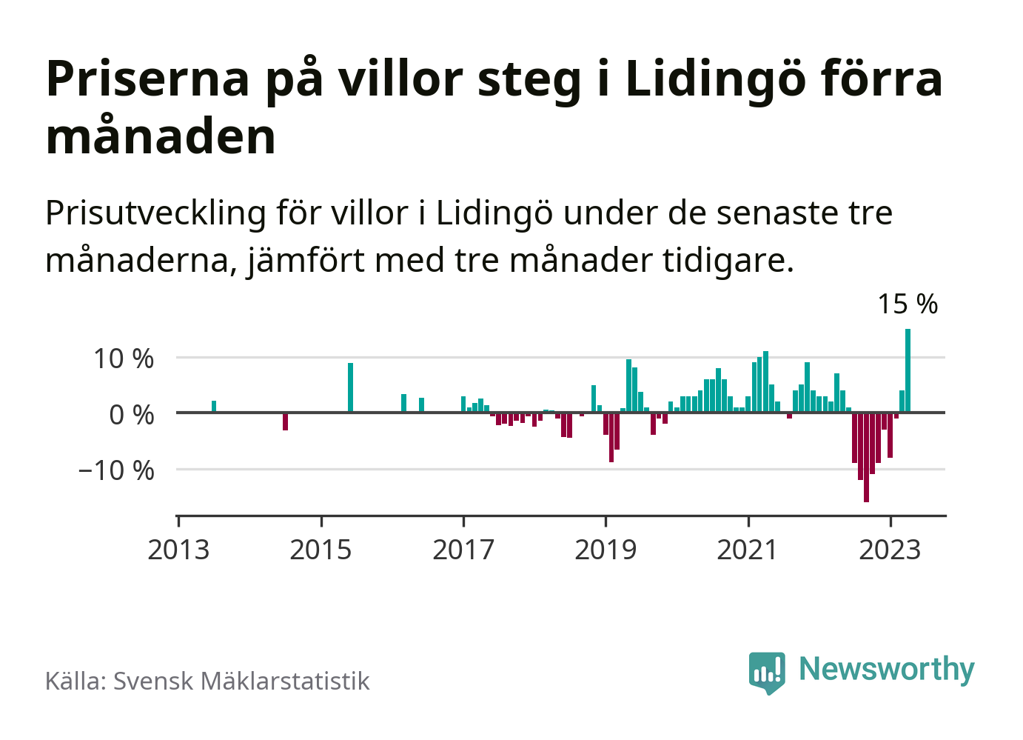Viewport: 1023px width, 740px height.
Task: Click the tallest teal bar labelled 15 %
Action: pyautogui.click(x=908, y=370)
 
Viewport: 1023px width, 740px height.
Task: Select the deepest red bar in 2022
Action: pyautogui.click(x=866, y=457)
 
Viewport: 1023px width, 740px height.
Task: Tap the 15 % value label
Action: pyautogui.click(x=908, y=304)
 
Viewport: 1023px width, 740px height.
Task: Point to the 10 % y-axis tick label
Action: pyautogui.click(x=124, y=359)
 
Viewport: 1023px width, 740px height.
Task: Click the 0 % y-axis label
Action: pyautogui.click(x=132, y=414)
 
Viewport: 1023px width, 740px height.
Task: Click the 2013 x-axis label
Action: pyautogui.click(x=178, y=550)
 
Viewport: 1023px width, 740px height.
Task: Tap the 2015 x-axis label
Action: pyautogui.click(x=321, y=550)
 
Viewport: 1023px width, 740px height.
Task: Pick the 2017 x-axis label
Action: pyautogui.click(x=463, y=550)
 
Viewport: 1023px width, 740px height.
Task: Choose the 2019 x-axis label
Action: pyautogui.click(x=606, y=550)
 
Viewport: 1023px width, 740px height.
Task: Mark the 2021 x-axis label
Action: pyautogui.click(x=748, y=550)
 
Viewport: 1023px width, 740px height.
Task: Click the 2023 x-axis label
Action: pyautogui.click(x=890, y=550)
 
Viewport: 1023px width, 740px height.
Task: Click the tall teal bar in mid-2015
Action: pyautogui.click(x=350, y=387)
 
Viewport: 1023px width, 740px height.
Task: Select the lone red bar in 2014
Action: pyautogui.click(x=285, y=421)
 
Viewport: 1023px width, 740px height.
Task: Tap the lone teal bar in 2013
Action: pyautogui.click(x=214, y=407)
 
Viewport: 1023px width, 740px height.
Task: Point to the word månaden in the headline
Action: pyautogui.click(x=161, y=136)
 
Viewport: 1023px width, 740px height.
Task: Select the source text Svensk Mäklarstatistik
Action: pyautogui.click(x=241, y=681)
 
